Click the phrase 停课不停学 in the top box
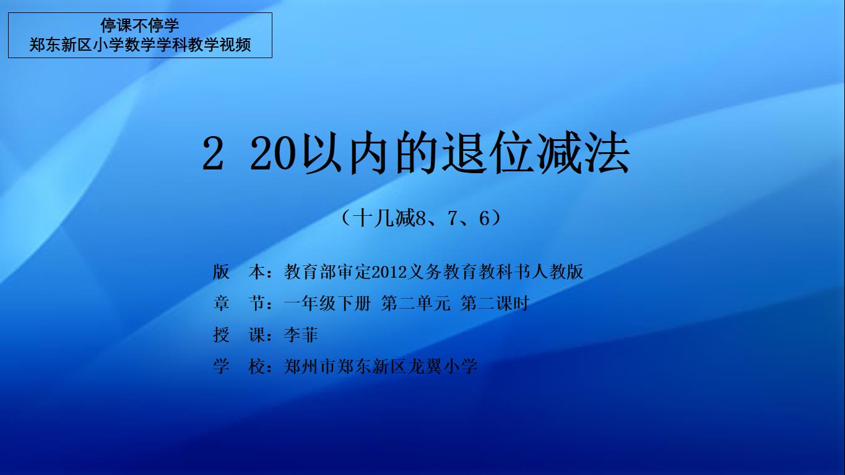139,25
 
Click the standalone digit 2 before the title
213,153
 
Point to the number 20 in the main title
272,153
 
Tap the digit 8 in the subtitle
420,218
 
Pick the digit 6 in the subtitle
484,218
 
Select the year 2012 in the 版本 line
389,272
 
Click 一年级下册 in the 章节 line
327,303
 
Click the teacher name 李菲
301,335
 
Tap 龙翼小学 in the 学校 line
442,366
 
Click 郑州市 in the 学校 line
310,366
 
